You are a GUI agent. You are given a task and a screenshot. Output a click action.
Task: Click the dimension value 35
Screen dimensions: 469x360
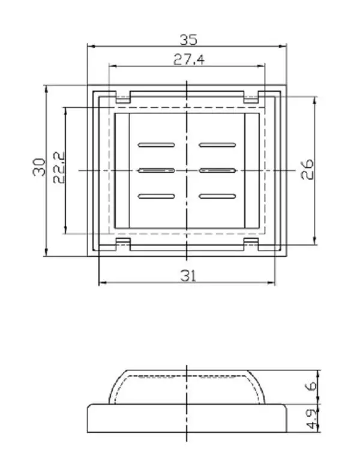point(188,40)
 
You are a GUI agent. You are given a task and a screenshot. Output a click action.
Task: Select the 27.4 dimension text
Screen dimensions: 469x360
point(188,59)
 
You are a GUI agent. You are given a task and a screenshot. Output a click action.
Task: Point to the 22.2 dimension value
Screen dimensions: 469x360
point(59,167)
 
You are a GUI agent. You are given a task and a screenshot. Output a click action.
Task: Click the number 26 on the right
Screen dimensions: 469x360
point(306,169)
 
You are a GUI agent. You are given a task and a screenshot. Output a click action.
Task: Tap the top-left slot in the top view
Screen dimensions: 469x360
point(156,145)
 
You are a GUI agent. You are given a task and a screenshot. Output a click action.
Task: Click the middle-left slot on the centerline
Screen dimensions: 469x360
point(156,171)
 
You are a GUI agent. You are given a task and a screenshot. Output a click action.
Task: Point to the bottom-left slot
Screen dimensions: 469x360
point(156,196)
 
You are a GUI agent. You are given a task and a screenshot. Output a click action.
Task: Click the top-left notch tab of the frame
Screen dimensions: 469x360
point(123,97)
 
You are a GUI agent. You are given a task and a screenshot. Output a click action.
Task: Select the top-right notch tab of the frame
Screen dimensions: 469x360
point(251,97)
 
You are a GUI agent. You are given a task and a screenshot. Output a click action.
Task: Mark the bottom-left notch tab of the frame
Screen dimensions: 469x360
point(123,243)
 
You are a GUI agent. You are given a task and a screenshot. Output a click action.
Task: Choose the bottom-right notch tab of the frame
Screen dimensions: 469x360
point(251,243)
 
